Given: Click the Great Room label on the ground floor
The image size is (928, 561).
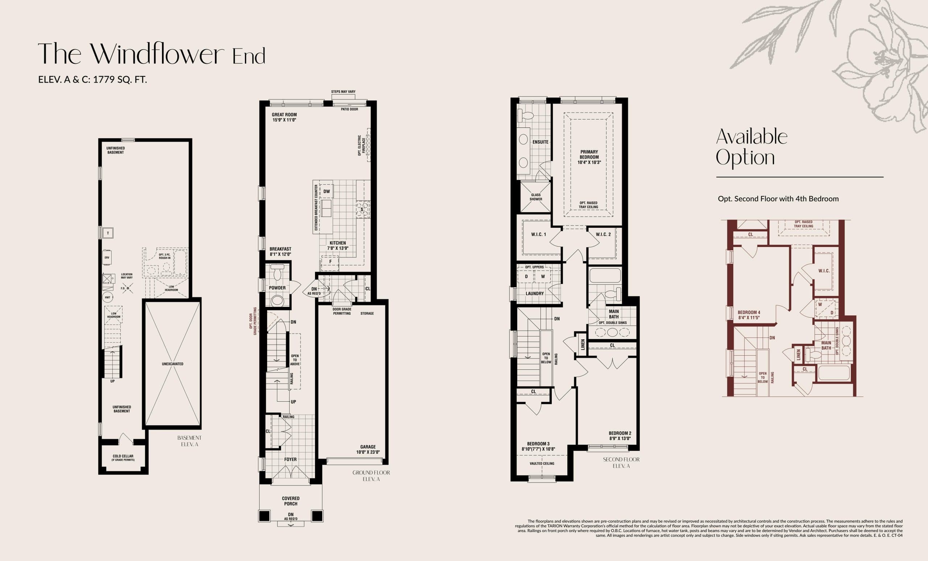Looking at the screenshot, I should point(284,115).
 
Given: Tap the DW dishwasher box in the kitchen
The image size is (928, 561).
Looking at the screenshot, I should point(327,192).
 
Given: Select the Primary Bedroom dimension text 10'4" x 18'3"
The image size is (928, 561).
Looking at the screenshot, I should point(589,163).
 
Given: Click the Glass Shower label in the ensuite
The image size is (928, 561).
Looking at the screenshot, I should point(535,197).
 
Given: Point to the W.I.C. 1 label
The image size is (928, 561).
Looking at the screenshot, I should point(538,234).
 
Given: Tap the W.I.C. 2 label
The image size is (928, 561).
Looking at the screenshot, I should point(603,234).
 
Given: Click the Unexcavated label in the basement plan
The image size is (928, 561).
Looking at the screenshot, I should point(173,364).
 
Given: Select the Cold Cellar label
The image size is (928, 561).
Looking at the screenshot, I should point(123,456).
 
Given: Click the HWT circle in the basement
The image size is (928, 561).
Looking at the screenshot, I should point(108,297).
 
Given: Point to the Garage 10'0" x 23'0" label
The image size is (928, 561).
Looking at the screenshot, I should point(368,449).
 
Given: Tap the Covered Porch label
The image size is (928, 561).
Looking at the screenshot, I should point(290,501).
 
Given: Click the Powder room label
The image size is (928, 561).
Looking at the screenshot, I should point(277,288).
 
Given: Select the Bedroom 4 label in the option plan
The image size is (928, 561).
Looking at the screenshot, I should point(749,313).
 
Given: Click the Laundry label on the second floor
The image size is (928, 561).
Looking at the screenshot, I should point(534,293).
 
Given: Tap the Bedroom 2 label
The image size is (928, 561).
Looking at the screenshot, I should point(620,434).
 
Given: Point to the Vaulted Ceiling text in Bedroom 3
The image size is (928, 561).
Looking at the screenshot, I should point(542,464).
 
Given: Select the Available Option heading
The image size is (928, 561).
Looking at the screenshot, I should point(751,147).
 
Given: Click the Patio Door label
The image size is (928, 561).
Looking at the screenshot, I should point(349,109).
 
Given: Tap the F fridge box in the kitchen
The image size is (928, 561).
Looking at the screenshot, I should point(330,261).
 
